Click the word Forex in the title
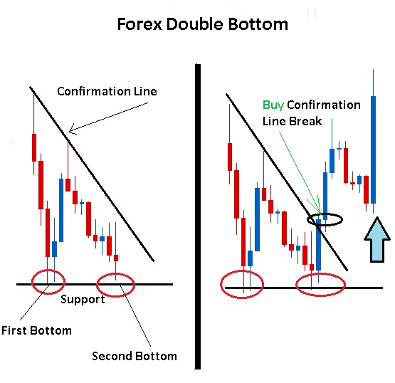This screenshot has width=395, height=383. pyautogui.click(x=139, y=24)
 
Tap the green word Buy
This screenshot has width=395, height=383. pyautogui.click(x=273, y=105)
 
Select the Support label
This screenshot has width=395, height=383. pyautogui.click(x=83, y=300)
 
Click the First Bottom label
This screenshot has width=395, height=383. pyautogui.click(x=36, y=330)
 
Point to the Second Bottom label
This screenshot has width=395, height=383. pyautogui.click(x=135, y=356)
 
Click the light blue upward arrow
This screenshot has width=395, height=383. pyautogui.click(x=377, y=240)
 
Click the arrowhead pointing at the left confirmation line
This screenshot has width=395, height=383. pyautogui.click(x=72, y=129)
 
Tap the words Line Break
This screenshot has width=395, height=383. pyautogui.click(x=292, y=121)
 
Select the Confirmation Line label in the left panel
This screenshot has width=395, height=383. pyautogui.click(x=107, y=91)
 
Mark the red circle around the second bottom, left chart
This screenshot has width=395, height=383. pyautogui.click(x=98, y=285)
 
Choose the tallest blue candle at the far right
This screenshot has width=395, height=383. pyautogui.click(x=373, y=149)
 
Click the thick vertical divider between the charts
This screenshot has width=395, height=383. pyautogui.click(x=198, y=216)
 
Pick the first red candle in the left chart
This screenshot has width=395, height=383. pyautogui.click(x=34, y=147)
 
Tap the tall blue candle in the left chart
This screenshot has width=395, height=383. pyautogui.click(x=61, y=210)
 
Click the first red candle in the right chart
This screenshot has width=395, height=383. pyautogui.click(x=230, y=157)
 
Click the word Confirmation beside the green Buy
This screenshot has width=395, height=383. pyautogui.click(x=324, y=105)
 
